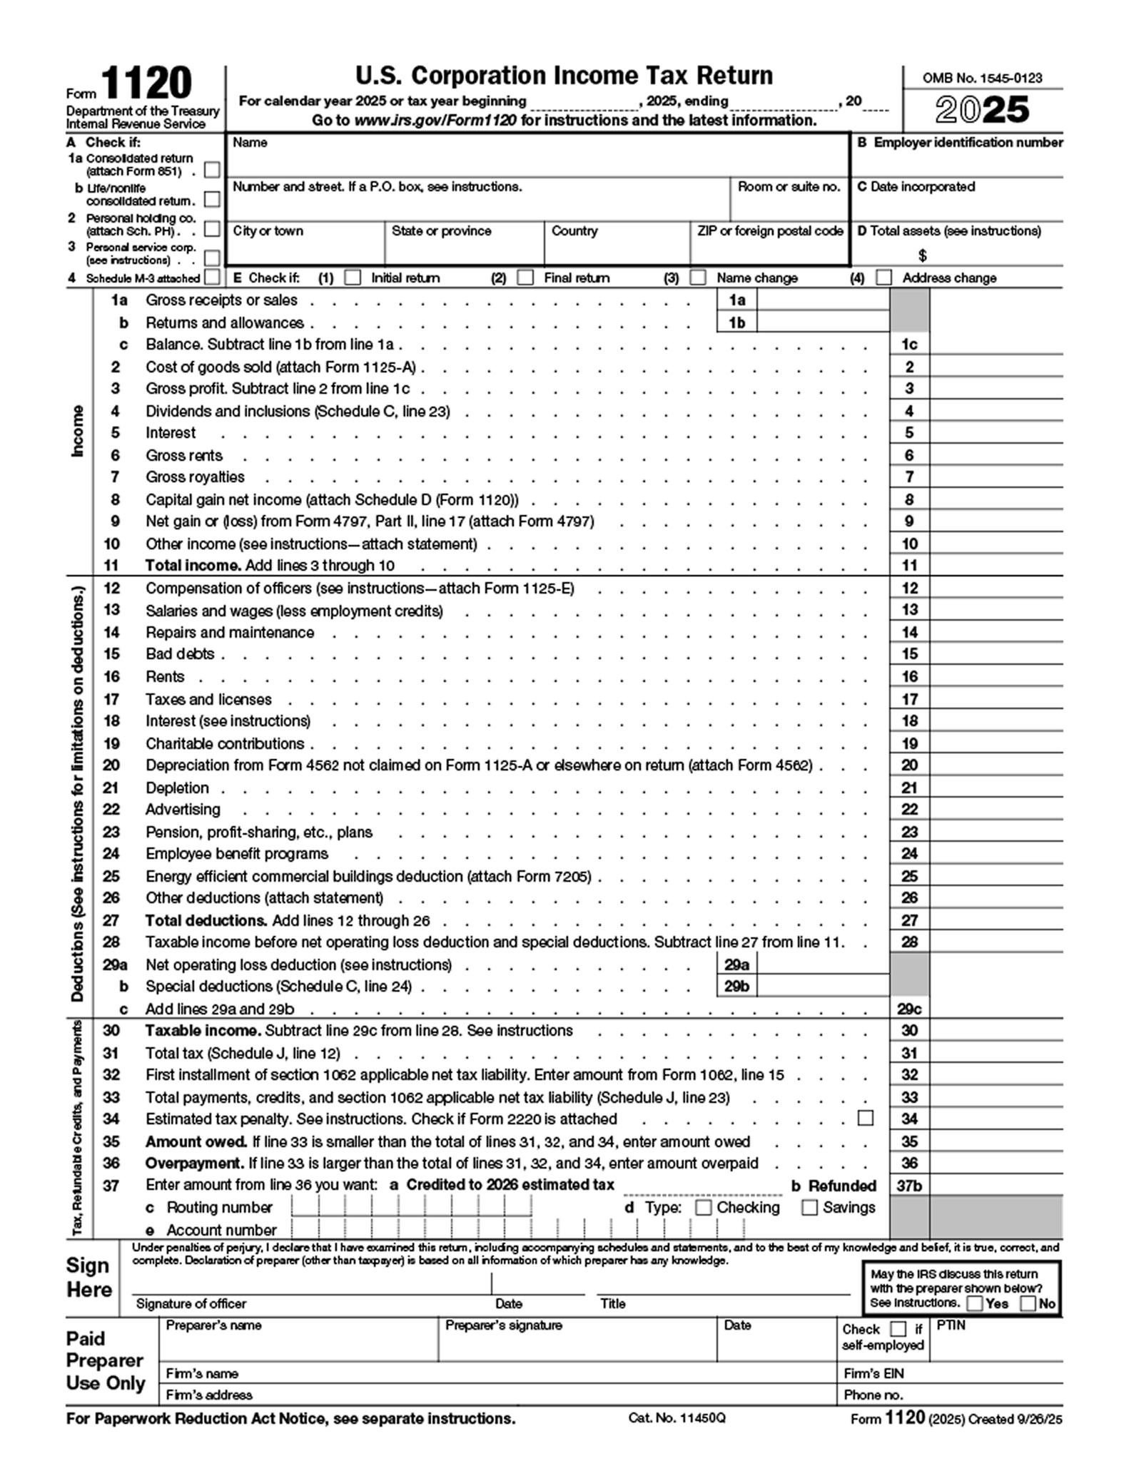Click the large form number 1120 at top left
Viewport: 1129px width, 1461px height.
[x=146, y=84]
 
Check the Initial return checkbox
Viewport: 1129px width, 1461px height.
[x=353, y=278]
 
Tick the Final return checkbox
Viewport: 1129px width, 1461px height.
[x=525, y=278]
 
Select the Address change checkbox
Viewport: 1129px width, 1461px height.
[x=884, y=278]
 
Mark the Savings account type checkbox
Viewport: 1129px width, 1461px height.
[x=809, y=1207]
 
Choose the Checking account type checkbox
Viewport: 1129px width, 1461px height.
[x=704, y=1207]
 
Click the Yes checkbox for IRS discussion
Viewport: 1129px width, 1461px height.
[x=974, y=1303]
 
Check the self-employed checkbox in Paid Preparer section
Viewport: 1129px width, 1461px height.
[x=898, y=1329]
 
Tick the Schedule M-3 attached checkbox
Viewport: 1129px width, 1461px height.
[x=212, y=277]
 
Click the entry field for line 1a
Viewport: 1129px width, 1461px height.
[x=822, y=300]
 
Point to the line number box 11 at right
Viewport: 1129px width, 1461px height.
[x=909, y=566]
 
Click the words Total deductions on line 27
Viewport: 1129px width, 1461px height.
[x=206, y=920]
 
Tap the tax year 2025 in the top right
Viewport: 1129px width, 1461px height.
[x=983, y=110]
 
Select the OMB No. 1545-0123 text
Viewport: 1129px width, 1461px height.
[x=982, y=78]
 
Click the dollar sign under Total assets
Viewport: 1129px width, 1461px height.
[x=923, y=255]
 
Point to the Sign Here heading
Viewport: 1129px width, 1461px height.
[x=89, y=1278]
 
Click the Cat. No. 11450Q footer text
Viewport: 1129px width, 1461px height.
[x=677, y=1418]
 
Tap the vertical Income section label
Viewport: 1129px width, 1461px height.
[x=77, y=431]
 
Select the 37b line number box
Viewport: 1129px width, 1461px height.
[x=909, y=1186]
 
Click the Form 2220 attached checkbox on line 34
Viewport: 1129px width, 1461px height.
[x=866, y=1118]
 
